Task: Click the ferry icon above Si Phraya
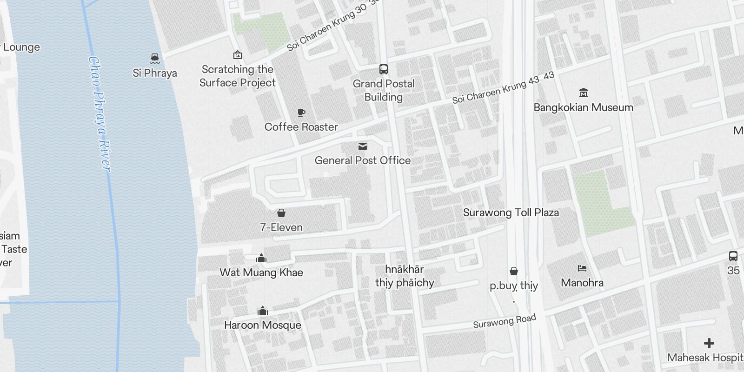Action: (x=155, y=58)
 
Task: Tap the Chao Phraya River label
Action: (x=100, y=114)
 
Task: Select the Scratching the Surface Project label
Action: (x=238, y=76)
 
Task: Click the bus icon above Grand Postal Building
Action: (x=384, y=69)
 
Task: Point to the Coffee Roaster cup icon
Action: (x=301, y=113)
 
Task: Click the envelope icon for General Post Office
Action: (x=363, y=146)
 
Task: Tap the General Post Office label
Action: (x=363, y=160)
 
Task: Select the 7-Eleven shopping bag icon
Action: (x=281, y=213)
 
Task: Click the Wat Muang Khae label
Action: (x=261, y=272)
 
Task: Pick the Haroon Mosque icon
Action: (x=263, y=311)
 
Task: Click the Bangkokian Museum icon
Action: (x=584, y=93)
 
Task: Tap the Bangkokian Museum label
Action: (x=584, y=107)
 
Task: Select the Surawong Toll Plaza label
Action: (x=511, y=213)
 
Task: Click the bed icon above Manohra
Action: (x=582, y=268)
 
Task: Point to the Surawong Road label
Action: (x=505, y=321)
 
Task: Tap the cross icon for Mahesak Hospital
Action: (x=709, y=343)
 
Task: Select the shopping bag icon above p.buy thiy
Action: (x=514, y=271)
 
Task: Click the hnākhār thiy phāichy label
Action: (x=405, y=276)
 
